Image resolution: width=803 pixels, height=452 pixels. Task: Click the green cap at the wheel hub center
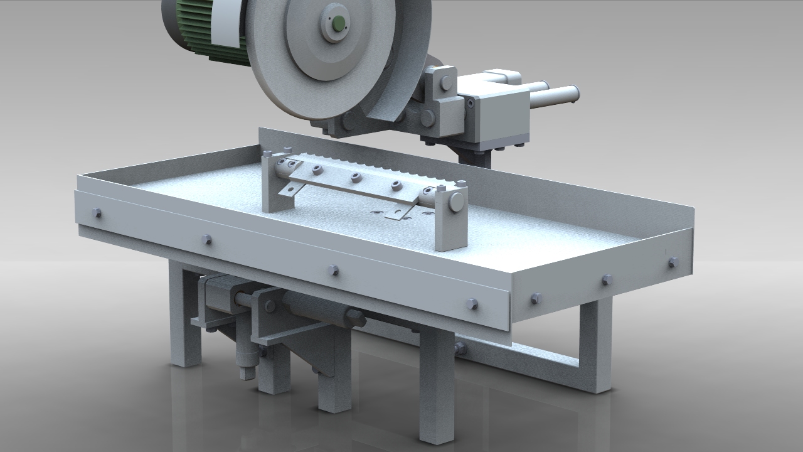coord(338,23)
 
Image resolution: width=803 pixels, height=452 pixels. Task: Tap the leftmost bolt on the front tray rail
coord(97,213)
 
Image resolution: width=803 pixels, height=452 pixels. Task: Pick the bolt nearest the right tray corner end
coord(673,262)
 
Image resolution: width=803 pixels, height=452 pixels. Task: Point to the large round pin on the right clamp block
coord(457,201)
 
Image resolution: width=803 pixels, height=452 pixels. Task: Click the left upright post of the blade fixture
coord(272,182)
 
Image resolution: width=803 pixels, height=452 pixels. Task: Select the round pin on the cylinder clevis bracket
coord(270,306)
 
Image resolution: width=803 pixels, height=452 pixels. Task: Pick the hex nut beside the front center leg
coord(460,349)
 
